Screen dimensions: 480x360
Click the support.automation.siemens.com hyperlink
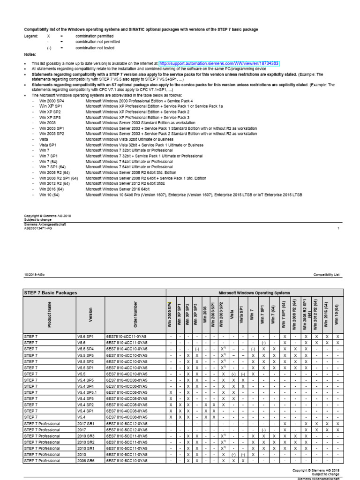coord(219,63)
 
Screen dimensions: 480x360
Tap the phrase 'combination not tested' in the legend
coord(97,48)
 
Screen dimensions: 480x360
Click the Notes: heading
coord(30,54)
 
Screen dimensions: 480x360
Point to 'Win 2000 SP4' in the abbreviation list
coord(51,101)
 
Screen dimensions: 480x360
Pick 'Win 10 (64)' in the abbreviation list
coord(50,194)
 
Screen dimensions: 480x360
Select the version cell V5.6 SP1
coord(85,337)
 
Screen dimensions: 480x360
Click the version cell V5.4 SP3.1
coord(86,392)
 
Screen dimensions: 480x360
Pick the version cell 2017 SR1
coord(85,423)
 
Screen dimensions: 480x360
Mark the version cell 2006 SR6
coord(85,460)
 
